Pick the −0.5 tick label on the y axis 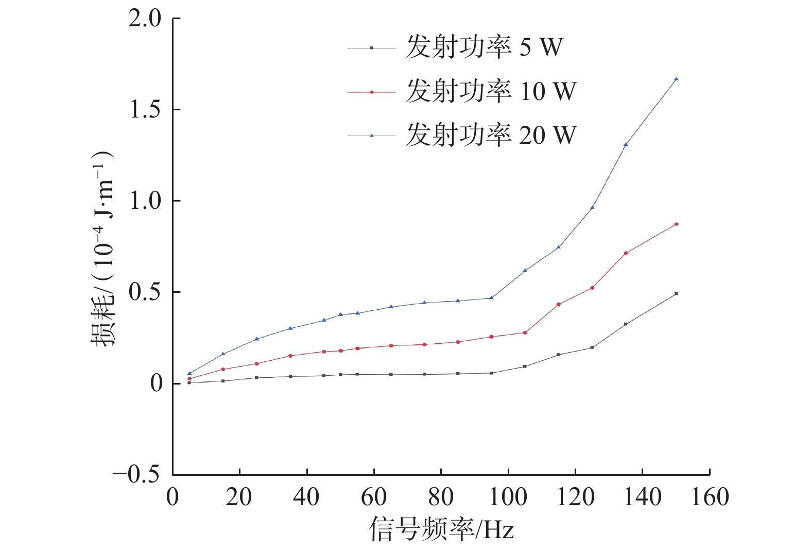(x=136, y=474)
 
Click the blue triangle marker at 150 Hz (x=676, y=79)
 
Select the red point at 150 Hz (x=676, y=224)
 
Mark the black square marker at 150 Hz (x=676, y=294)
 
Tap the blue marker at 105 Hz (x=525, y=271)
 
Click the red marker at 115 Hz (x=559, y=305)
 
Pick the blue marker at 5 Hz (x=189, y=373)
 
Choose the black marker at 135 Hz (x=626, y=324)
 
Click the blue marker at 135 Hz (x=626, y=144)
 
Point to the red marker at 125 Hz (x=592, y=288)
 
